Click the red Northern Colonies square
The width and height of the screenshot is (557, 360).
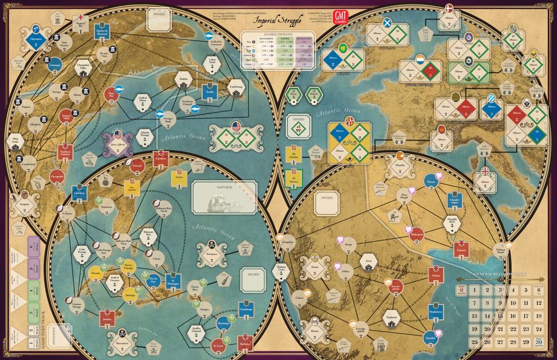(x=65, y=152)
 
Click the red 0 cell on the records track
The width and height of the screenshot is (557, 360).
(x=460, y=289)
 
